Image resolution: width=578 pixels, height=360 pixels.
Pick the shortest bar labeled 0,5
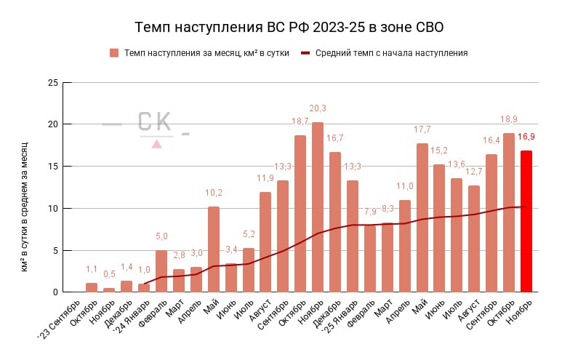coord(109,289)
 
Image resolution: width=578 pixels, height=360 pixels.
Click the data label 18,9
coord(509,119)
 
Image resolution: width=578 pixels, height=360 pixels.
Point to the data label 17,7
coord(422,129)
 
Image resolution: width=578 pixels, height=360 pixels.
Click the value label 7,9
coord(370,212)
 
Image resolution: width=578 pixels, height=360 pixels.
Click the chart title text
coord(289,28)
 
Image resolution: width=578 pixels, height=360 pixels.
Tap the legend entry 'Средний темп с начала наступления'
coord(391,53)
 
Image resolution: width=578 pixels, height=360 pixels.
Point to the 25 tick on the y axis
coord(52,82)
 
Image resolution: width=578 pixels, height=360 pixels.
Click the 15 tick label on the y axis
coord(52,167)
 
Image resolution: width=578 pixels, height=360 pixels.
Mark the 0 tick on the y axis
coord(55,292)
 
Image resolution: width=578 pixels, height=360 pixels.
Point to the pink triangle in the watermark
coord(156,144)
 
